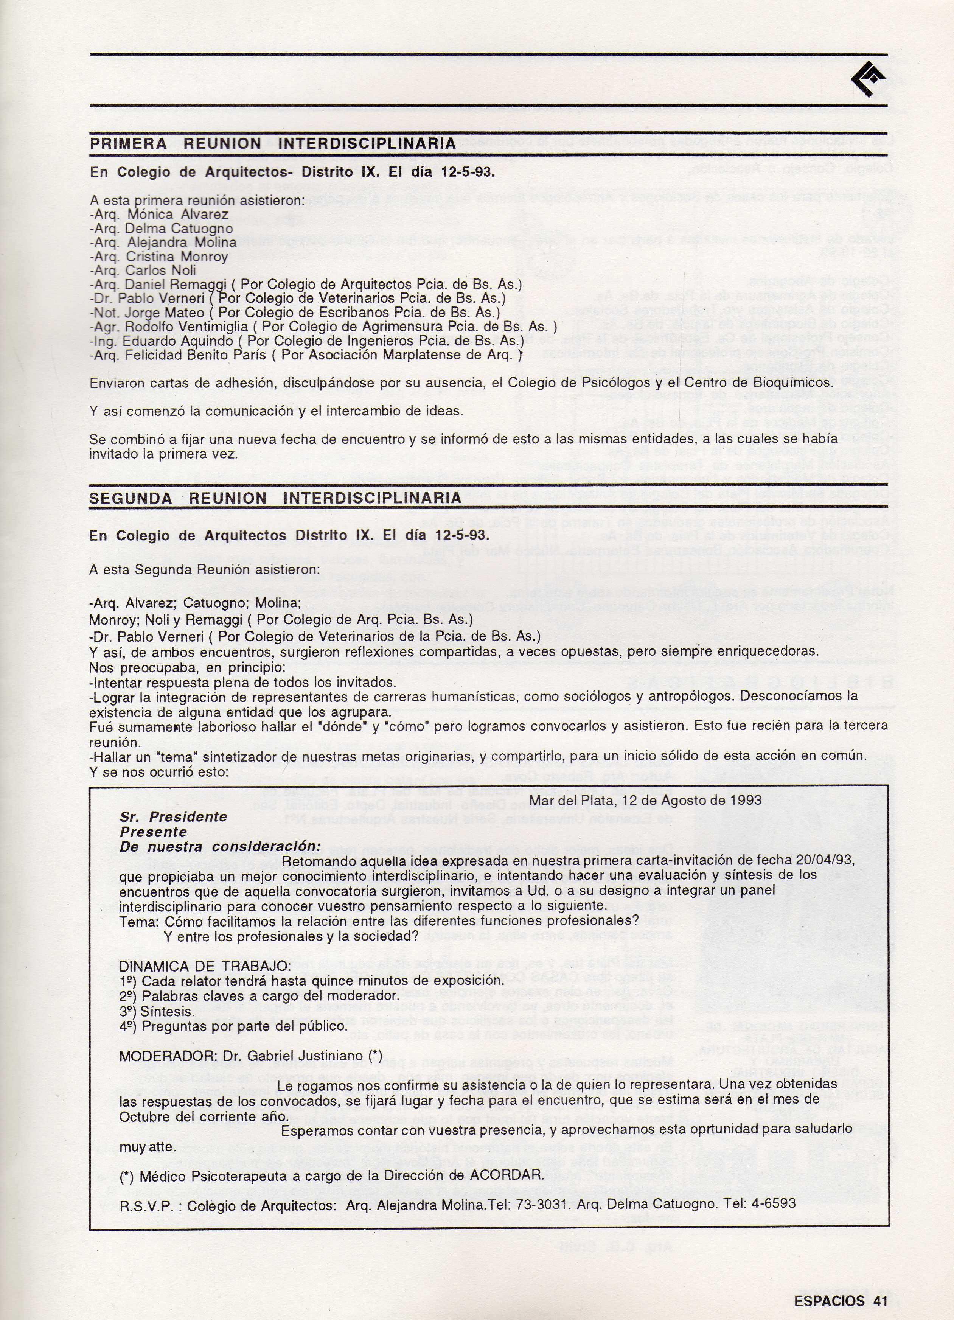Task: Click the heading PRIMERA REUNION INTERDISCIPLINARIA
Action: pos(272,144)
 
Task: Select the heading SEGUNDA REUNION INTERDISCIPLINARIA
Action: pos(275,498)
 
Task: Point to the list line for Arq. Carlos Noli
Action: pos(143,271)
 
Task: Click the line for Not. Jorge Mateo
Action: pos(300,313)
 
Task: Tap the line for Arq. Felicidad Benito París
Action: pos(306,355)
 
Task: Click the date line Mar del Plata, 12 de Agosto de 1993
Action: pos(645,800)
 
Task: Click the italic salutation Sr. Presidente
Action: pos(174,816)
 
